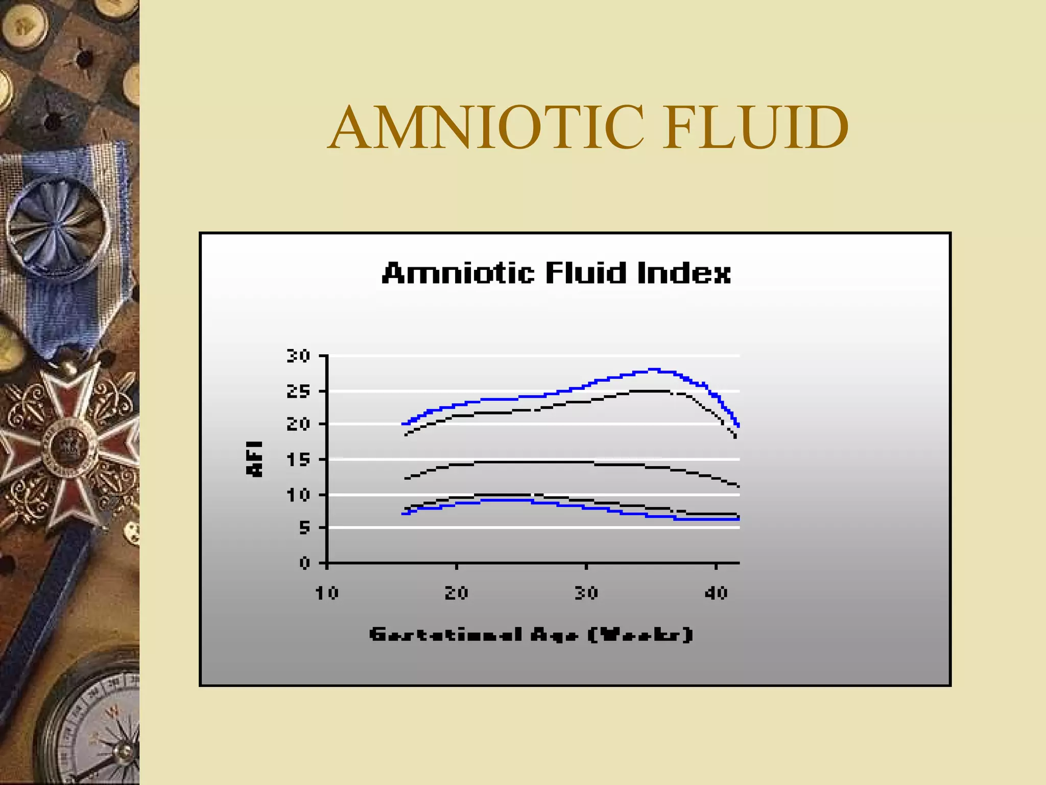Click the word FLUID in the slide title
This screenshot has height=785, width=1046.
(755, 128)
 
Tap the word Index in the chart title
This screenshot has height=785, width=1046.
(684, 273)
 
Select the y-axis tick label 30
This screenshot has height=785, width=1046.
(298, 356)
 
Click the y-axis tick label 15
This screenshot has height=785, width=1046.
(298, 460)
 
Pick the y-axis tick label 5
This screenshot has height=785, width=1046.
(304, 527)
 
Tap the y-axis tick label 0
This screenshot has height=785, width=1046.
(305, 563)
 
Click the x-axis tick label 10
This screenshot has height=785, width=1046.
(327, 593)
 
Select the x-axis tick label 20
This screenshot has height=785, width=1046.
(457, 593)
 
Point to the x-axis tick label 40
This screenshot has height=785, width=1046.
(716, 593)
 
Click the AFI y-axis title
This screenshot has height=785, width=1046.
(255, 459)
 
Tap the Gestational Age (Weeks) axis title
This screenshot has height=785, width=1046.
(531, 635)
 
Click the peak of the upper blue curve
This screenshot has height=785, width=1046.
(654, 369)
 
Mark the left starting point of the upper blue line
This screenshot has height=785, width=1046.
(403, 424)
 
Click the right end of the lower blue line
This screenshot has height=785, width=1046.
(738, 519)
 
